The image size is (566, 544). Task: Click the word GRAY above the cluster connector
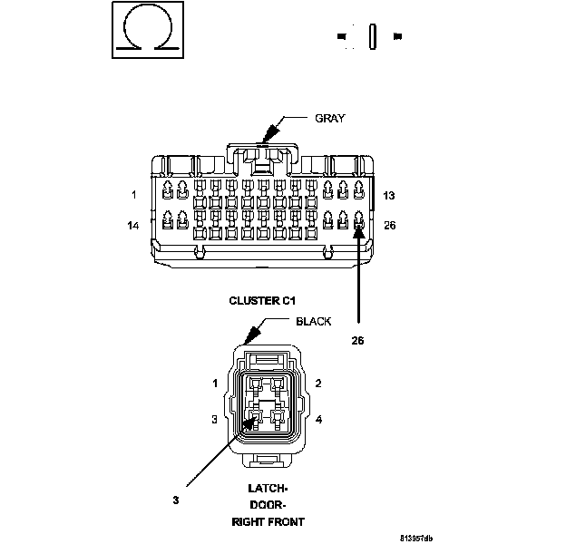[330, 118]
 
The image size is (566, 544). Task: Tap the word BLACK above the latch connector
[314, 321]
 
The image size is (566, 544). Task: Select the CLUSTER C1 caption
[263, 300]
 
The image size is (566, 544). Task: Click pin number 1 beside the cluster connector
[133, 194]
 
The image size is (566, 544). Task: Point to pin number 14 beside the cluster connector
[133, 225]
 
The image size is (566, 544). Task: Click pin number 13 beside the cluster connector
[388, 195]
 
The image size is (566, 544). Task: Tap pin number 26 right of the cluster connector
[389, 225]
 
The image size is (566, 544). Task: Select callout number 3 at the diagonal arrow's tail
[175, 498]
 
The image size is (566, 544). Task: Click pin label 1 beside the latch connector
[215, 384]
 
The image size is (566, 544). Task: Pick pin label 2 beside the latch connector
[318, 384]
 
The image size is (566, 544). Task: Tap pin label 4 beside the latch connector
[318, 419]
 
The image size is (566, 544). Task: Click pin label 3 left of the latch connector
[215, 419]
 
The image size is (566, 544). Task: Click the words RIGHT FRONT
[268, 522]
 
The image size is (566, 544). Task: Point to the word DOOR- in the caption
[268, 505]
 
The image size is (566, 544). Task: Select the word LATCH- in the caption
[268, 488]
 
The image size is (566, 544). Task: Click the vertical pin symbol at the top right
[371, 36]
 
